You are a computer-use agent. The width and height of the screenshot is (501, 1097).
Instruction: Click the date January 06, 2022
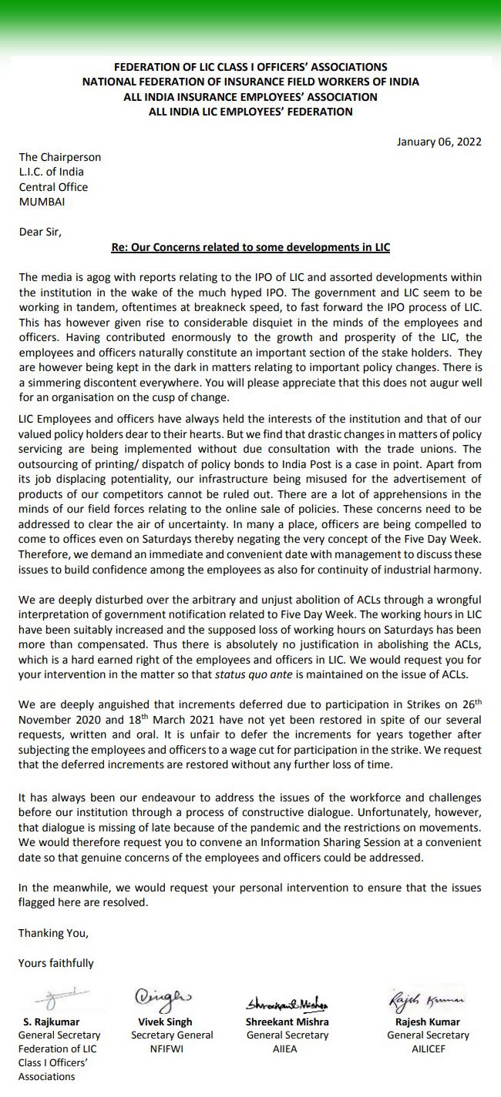[x=439, y=142]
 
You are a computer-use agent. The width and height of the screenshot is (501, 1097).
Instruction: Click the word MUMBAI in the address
[x=42, y=202]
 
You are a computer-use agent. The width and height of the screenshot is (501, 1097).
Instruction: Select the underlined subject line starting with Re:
[x=250, y=247]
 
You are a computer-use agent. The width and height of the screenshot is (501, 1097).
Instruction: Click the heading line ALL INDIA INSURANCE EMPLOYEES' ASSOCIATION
[x=250, y=97]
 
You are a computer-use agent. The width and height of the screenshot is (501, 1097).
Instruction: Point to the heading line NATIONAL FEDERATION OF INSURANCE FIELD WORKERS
[x=250, y=82]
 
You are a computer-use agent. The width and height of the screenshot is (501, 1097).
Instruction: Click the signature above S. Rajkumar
[x=52, y=999]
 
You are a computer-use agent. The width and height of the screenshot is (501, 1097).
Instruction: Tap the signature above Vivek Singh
[x=161, y=998]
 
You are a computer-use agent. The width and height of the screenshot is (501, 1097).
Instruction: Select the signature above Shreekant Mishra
[x=287, y=1004]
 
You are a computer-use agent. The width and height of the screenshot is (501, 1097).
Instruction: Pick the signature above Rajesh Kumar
[x=426, y=999]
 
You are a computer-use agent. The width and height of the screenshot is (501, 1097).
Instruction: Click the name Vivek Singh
[x=161, y=1022]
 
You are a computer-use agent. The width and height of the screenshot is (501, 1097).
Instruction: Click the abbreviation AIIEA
[x=287, y=1049]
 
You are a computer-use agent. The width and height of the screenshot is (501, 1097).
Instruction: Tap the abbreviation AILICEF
[x=428, y=1049]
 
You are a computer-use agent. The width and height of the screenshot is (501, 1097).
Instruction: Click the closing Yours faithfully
[x=56, y=963]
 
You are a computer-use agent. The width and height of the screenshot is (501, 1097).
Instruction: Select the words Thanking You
[x=53, y=933]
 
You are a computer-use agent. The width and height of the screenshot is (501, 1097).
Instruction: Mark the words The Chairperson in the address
[x=60, y=157]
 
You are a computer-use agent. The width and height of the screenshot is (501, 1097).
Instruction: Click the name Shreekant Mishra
[x=287, y=1022]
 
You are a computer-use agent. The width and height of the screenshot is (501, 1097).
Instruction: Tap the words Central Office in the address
[x=53, y=187]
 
